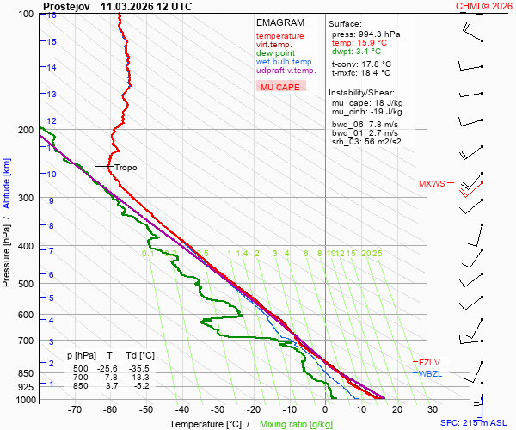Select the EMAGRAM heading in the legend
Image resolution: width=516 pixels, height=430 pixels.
tap(279, 22)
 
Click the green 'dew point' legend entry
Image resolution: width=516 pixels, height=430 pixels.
tap(275, 53)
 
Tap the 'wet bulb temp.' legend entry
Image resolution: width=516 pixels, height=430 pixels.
tap(286, 62)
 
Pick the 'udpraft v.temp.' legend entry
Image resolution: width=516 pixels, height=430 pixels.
tap(286, 71)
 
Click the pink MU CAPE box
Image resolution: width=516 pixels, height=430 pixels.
tap(280, 87)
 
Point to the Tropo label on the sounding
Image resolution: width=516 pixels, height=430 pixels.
tap(126, 167)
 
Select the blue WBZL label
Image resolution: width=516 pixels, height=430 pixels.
tap(430, 373)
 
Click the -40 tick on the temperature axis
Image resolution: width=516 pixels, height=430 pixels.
tap(182, 410)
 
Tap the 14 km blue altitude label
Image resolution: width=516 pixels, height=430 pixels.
tap(52, 67)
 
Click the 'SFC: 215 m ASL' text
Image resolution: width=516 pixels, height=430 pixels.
tap(476, 423)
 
